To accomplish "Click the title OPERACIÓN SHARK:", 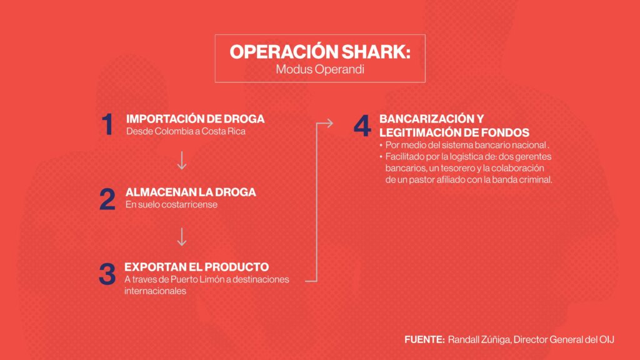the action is pyautogui.click(x=320, y=52).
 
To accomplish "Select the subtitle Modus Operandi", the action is pyautogui.click(x=320, y=69).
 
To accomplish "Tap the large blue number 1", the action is pyautogui.click(x=107, y=124).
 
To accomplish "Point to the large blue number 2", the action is pyautogui.click(x=107, y=199).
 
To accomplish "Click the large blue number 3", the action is pyautogui.click(x=107, y=274).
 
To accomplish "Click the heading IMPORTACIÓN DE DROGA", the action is pyautogui.click(x=195, y=119).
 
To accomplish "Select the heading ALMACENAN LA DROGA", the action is pyautogui.click(x=191, y=192).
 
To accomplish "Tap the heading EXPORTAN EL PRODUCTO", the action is pyautogui.click(x=196, y=267).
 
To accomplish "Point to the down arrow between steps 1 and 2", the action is pyautogui.click(x=182, y=160).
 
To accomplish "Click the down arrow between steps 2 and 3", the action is pyautogui.click(x=182, y=237).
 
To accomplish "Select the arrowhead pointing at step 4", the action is pyautogui.click(x=329, y=123).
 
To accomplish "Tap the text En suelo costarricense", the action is pyautogui.click(x=171, y=204).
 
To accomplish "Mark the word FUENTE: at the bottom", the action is pyautogui.click(x=424, y=339).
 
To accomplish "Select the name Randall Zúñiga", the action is pyautogui.click(x=479, y=339).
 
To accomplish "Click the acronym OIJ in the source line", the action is pyautogui.click(x=606, y=339).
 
